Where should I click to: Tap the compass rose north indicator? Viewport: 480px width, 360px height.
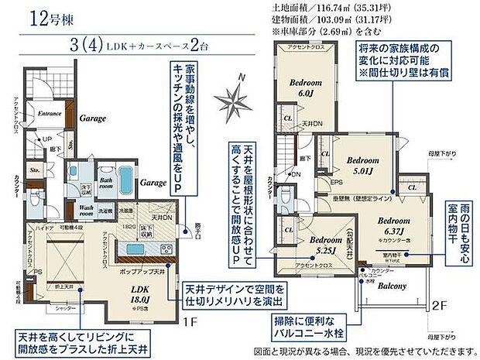pyautogui.click(x=235, y=99)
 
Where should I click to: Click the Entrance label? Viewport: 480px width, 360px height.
pyautogui.click(x=50, y=113)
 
